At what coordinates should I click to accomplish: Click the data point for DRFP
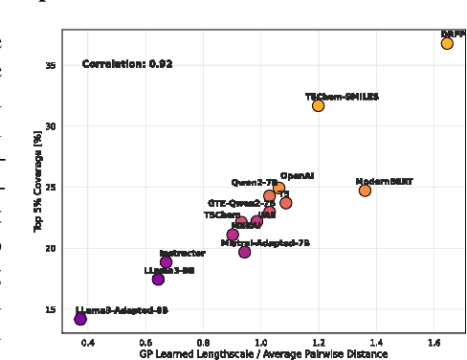tap(447, 43)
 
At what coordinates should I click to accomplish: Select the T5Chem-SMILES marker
tap(318, 105)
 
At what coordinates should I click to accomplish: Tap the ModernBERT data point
tap(365, 191)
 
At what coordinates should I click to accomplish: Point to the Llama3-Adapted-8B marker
tap(80, 319)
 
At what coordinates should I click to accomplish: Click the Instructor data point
tap(167, 262)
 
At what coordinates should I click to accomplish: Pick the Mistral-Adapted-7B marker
tap(245, 252)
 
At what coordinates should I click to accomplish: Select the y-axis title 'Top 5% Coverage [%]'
tap(38, 182)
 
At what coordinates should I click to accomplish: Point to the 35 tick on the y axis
tap(50, 65)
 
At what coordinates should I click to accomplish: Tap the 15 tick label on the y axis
tap(50, 309)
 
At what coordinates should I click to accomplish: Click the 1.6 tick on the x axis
tap(434, 341)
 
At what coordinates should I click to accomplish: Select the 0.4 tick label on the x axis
tap(88, 341)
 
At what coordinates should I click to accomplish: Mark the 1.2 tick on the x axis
tap(319, 341)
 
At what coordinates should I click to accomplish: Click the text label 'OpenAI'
tap(297, 176)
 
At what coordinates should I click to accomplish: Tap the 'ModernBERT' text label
tap(384, 181)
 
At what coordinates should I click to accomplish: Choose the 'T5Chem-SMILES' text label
tap(342, 97)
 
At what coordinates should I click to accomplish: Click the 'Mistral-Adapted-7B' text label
tap(265, 243)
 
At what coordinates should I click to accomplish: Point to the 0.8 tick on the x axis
tap(204, 341)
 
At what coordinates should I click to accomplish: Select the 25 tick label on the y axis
tap(50, 188)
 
